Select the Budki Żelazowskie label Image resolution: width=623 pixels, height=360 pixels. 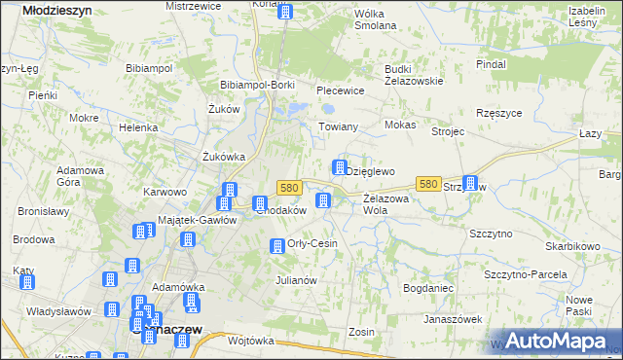(x=414, y=75)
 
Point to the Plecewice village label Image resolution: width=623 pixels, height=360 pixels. (x=340, y=90)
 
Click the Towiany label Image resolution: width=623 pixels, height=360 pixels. (x=340, y=126)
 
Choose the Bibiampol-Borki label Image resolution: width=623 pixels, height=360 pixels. (x=258, y=85)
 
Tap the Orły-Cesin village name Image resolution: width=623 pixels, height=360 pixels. (x=312, y=243)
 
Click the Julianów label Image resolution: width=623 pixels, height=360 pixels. (x=296, y=280)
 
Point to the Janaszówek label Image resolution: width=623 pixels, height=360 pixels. (x=453, y=319)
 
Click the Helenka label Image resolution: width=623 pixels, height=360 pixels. (x=138, y=127)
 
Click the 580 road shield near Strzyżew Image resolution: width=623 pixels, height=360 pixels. (x=427, y=183)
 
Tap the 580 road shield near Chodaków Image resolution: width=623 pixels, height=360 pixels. (x=287, y=187)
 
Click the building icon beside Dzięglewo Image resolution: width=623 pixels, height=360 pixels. (x=340, y=167)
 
